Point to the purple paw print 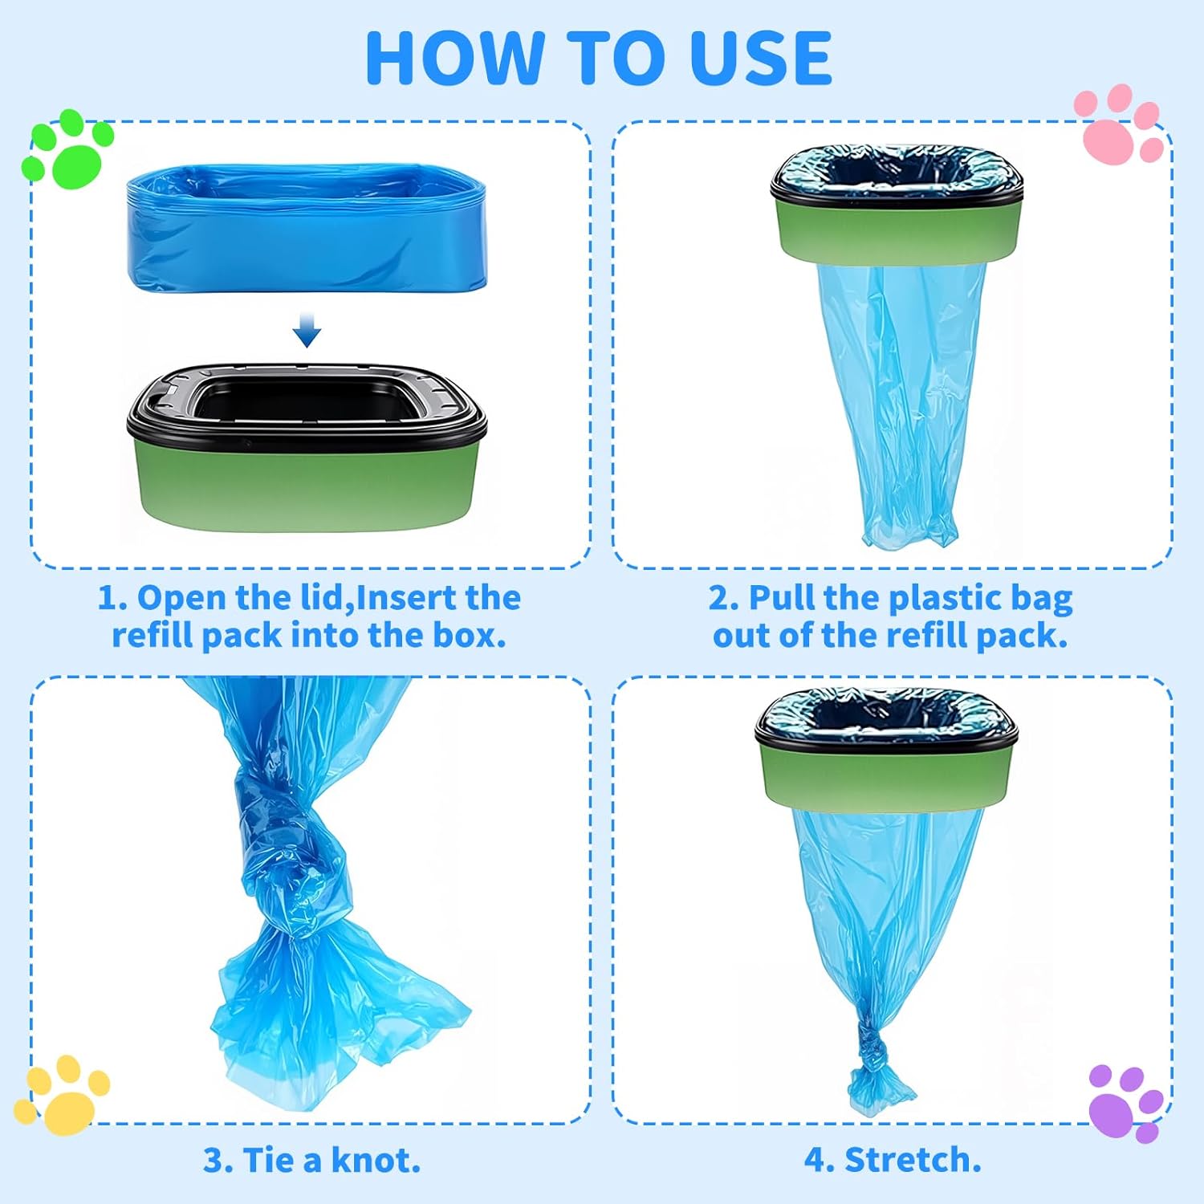pos(1126,1103)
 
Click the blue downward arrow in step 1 pos(307,330)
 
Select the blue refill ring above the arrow pos(307,228)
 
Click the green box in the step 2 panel pos(897,228)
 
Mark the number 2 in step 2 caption pos(718,599)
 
